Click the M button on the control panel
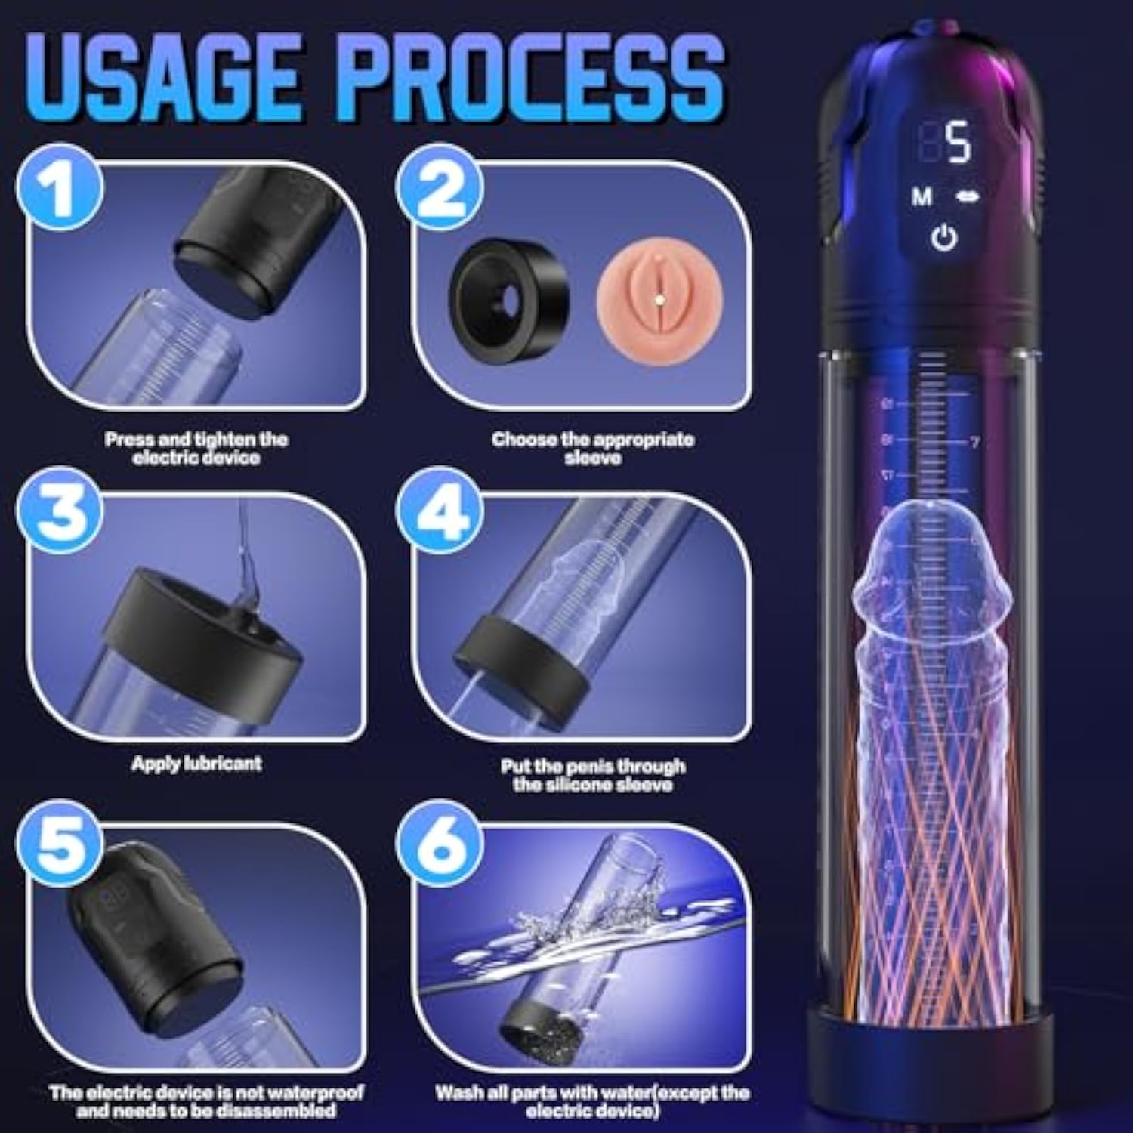point(922,197)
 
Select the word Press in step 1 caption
point(130,439)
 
